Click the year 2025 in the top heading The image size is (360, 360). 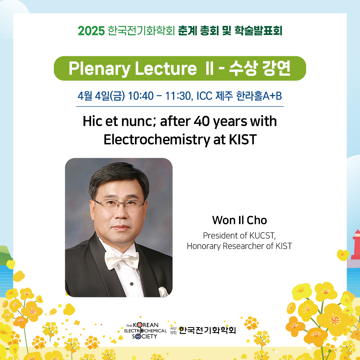coord(91,31)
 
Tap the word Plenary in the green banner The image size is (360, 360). coord(100,69)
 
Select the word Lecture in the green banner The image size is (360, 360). coord(166,68)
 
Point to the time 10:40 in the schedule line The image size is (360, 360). coord(141,96)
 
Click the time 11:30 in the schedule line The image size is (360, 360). coord(178,96)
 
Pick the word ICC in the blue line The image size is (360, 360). coord(204,96)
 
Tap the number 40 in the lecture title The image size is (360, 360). coord(202,121)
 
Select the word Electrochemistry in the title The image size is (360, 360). coord(157,140)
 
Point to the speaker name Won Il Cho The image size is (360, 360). coord(239,220)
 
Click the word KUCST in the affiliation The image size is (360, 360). coord(262,235)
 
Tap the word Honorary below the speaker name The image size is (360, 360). coord(203,246)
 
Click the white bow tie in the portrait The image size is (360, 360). coord(121,260)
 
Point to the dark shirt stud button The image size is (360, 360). coord(131,284)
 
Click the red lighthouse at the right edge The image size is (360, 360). coord(356,244)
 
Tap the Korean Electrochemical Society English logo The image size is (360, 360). coord(145,330)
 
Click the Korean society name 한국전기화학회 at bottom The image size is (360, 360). coord(207,330)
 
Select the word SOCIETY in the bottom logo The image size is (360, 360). coord(145,336)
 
